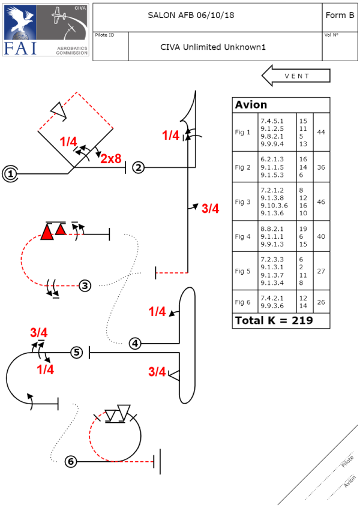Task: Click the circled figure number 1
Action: click(10, 174)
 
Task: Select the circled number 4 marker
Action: click(135, 344)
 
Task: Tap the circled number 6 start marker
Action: click(71, 461)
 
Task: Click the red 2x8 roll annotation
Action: click(110, 158)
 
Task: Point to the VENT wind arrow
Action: click(296, 76)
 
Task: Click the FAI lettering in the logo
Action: click(20, 48)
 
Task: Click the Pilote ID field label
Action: click(104, 35)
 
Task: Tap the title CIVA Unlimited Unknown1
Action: click(213, 47)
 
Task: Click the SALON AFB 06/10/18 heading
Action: click(191, 15)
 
